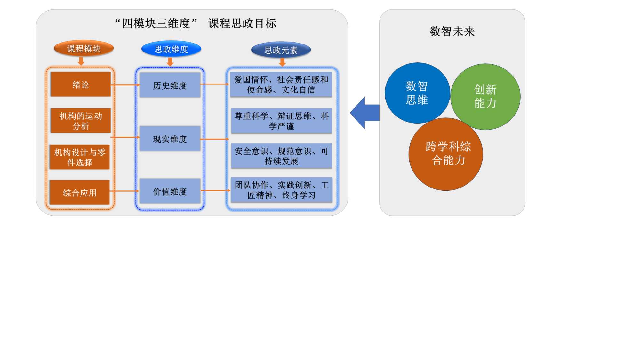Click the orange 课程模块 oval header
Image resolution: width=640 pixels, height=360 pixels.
[84, 49]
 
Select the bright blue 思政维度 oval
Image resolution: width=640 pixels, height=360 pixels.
[171, 49]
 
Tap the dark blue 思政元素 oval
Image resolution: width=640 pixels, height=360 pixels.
[281, 50]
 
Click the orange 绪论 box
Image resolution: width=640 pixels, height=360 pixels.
[81, 84]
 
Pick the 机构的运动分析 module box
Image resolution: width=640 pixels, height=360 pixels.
[81, 121]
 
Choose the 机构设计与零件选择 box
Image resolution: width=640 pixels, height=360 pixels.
[80, 157]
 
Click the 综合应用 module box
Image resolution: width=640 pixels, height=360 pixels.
[80, 193]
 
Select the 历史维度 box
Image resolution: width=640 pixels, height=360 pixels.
[170, 85]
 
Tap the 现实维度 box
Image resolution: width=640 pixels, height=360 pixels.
[170, 139]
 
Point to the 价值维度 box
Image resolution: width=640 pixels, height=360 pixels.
[170, 191]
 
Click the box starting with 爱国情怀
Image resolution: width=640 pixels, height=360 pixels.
[281, 84]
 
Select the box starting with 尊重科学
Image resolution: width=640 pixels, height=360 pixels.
[281, 121]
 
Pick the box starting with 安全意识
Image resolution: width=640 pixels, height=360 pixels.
[281, 156]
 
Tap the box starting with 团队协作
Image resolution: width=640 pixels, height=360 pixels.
[281, 190]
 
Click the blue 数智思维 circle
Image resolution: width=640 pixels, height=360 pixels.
[417, 93]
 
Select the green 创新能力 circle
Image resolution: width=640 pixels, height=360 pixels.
[485, 96]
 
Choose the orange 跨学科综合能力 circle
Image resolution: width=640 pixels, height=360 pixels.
[446, 154]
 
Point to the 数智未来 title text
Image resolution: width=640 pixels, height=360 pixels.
[452, 31]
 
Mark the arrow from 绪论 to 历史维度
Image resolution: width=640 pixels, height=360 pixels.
[125, 85]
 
